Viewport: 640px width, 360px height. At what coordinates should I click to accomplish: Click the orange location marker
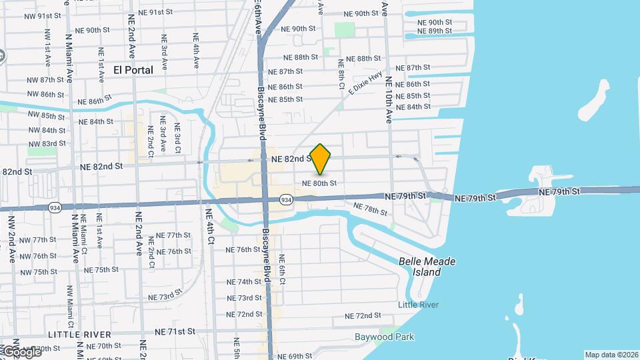(320, 159)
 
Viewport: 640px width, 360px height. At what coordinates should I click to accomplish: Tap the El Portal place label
(133, 69)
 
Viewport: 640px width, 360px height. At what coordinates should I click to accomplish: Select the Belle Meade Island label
(427, 267)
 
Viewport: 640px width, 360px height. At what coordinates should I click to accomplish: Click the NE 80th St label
(319, 183)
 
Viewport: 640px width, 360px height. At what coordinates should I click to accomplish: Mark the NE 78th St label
(370, 209)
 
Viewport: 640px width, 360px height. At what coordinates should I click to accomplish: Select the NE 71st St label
(175, 331)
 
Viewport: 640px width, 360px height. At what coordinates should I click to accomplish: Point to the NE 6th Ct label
(282, 269)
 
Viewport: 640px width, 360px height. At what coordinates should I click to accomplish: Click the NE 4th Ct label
(209, 230)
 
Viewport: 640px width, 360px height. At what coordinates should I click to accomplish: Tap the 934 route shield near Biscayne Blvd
(285, 199)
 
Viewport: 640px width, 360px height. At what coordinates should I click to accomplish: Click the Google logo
(20, 351)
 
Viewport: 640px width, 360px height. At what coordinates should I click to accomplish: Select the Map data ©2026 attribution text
(611, 355)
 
